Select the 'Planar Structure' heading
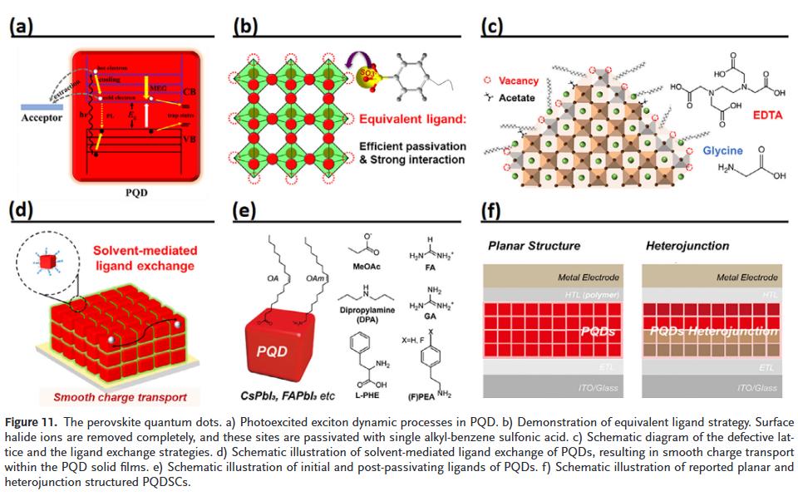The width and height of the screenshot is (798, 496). [534, 246]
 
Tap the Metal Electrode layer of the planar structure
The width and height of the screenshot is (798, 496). [556, 277]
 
